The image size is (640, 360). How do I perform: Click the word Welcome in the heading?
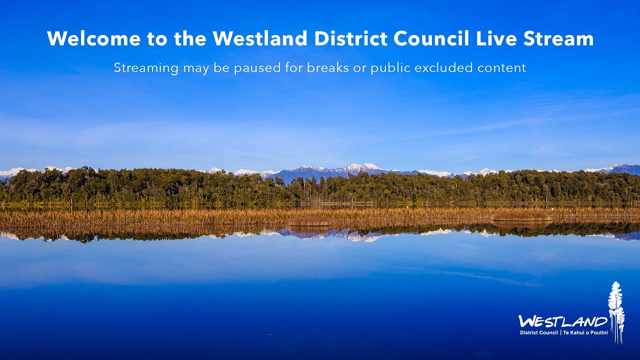tap(93, 38)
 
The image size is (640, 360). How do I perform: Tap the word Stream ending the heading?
tap(558, 38)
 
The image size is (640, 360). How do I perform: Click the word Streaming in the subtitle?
tap(145, 68)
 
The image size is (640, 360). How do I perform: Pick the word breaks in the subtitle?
tap(328, 67)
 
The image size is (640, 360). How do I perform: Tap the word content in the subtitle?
tap(501, 67)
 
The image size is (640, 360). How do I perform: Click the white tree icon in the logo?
tap(616, 311)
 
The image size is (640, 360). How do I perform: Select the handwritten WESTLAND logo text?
tap(563, 321)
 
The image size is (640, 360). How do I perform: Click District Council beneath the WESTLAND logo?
tap(538, 332)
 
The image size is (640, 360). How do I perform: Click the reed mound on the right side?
tap(521, 217)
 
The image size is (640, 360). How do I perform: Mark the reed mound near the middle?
tap(309, 221)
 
